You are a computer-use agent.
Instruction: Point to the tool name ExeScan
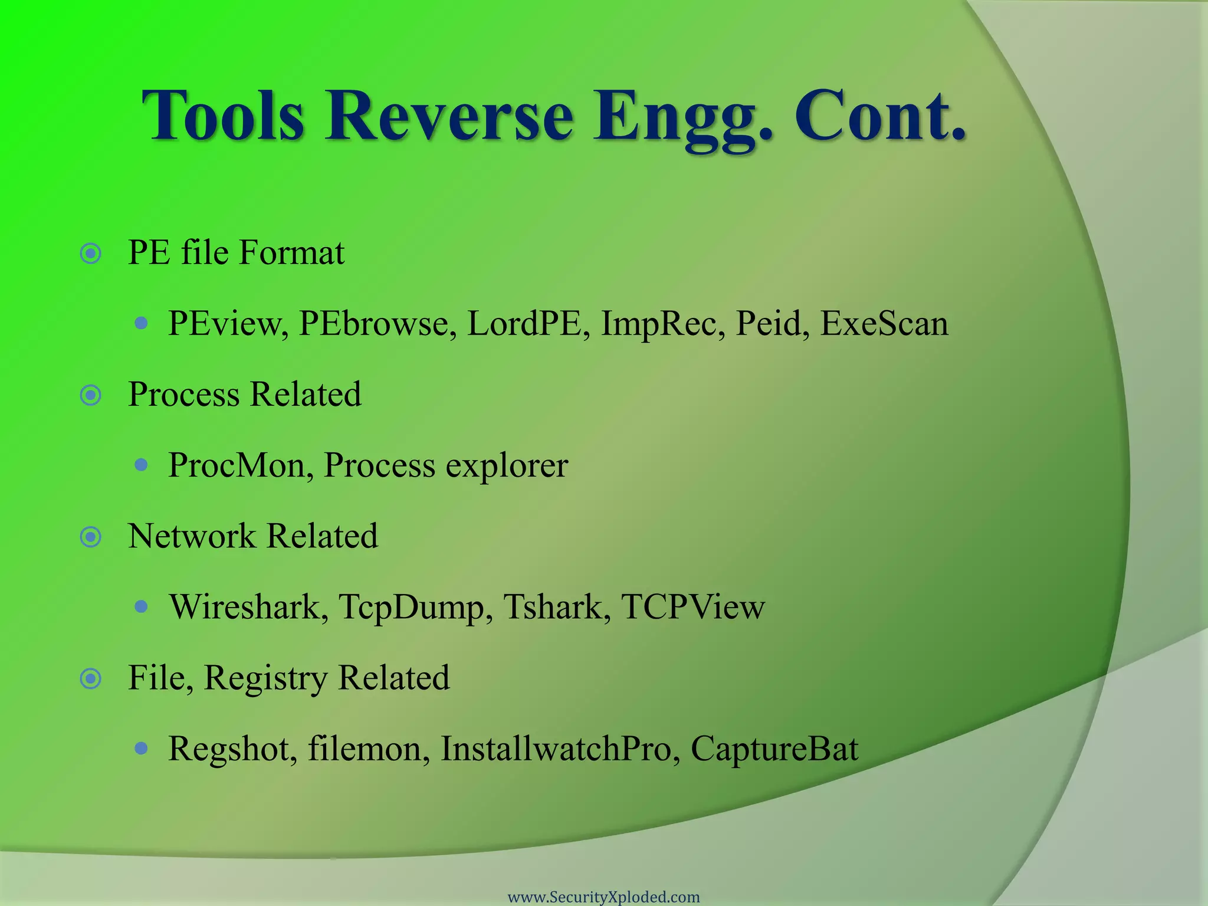(x=884, y=324)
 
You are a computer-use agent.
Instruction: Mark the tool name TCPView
(x=692, y=607)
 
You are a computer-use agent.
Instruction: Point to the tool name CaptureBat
(x=774, y=750)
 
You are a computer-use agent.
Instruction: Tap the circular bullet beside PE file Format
(x=91, y=254)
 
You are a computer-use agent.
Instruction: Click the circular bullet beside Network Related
(x=91, y=537)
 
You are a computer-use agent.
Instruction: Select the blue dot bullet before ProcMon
(x=140, y=465)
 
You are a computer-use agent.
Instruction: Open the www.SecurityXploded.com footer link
(x=603, y=897)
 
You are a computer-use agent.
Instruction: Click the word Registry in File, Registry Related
(x=265, y=679)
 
